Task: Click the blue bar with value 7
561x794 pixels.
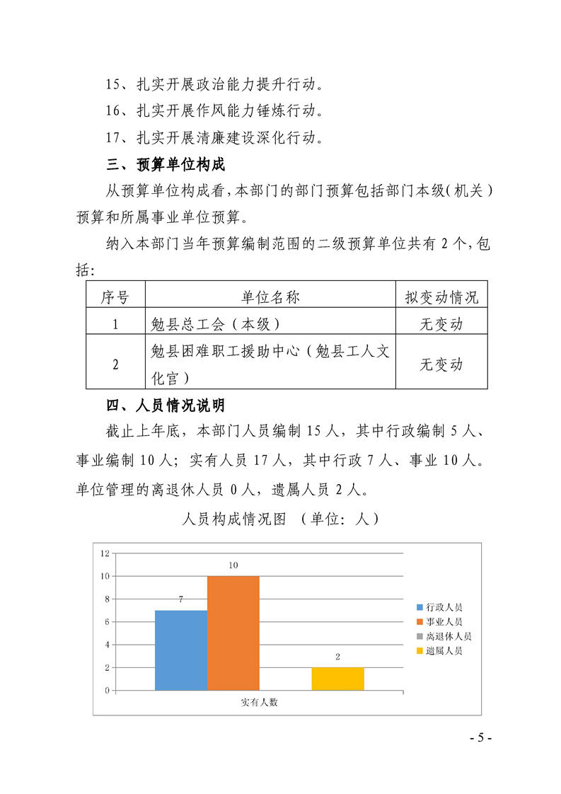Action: [181, 650]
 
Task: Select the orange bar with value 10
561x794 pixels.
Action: [233, 633]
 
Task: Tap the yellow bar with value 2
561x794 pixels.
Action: [337, 678]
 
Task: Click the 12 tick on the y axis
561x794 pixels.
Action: [105, 553]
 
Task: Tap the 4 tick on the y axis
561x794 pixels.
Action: [107, 645]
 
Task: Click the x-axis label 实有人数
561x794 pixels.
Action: [259, 703]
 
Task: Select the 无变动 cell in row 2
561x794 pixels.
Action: [441, 364]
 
